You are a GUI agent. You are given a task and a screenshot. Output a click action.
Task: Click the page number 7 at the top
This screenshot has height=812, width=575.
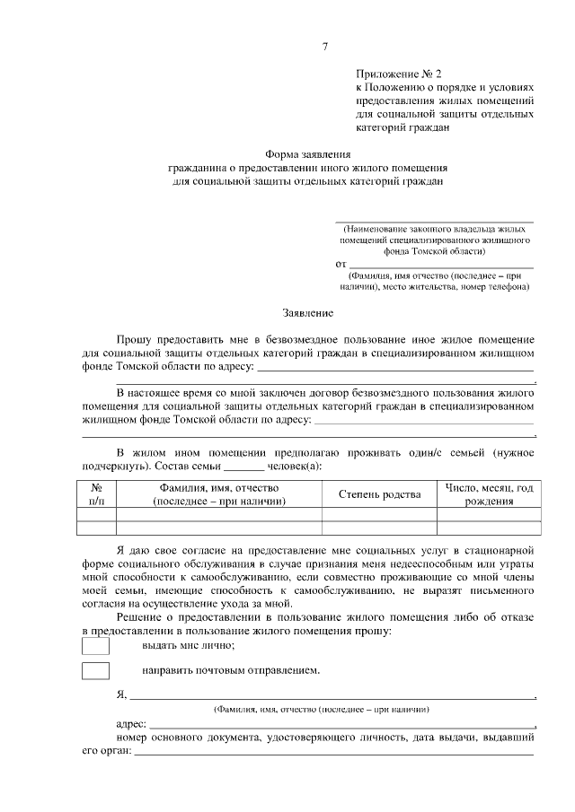point(325,46)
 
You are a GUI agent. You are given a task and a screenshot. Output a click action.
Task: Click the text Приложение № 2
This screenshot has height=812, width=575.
point(399,76)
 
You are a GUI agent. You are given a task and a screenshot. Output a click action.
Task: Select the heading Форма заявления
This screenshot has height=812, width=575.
point(308,154)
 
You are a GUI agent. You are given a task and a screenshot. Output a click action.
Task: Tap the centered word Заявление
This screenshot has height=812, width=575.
point(308,313)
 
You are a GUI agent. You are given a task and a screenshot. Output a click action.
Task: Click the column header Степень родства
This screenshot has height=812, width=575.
point(379,494)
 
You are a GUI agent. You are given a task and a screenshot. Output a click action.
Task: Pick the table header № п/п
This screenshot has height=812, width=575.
point(97,494)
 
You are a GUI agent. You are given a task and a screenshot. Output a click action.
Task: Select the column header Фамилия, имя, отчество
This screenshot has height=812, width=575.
point(220,494)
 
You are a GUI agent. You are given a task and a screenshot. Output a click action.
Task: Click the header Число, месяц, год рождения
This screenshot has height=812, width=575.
point(489,494)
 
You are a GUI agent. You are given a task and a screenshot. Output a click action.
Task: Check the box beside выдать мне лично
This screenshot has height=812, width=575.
point(95,645)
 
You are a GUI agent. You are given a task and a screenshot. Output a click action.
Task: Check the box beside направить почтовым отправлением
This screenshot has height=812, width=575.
point(95,670)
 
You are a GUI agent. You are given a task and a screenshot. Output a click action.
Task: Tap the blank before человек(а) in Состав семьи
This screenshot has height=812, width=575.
point(243,467)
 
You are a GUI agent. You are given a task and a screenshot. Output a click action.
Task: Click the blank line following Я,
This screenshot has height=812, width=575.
point(332,695)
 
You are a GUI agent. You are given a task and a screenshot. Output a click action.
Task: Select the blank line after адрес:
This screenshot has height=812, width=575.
point(341,724)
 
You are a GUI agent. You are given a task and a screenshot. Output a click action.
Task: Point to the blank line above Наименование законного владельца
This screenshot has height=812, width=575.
point(434,221)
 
